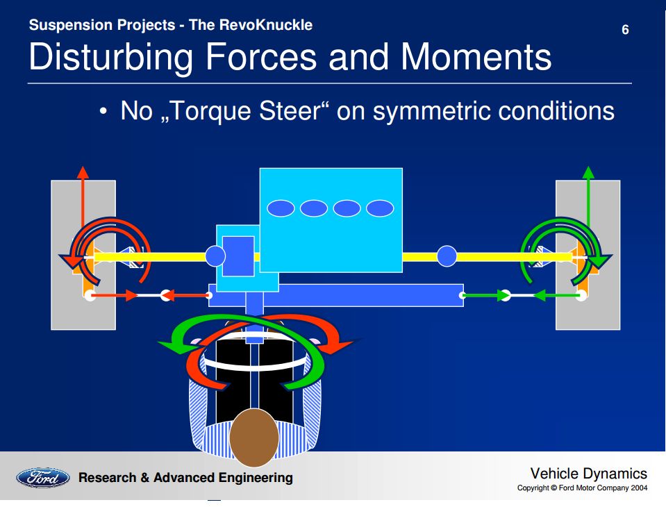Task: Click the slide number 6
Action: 625,30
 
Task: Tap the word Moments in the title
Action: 476,57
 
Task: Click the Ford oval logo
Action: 43,478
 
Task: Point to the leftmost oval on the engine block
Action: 281,208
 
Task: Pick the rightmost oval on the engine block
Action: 380,208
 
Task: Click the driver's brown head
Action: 253,438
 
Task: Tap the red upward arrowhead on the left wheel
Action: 83,172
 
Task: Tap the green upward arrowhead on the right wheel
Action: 588,172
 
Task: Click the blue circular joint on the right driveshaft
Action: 447,256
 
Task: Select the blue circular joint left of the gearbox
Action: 216,257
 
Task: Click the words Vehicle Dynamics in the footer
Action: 588,474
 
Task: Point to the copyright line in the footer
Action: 582,488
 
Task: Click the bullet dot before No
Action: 103,113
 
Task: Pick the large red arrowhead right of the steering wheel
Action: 344,343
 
